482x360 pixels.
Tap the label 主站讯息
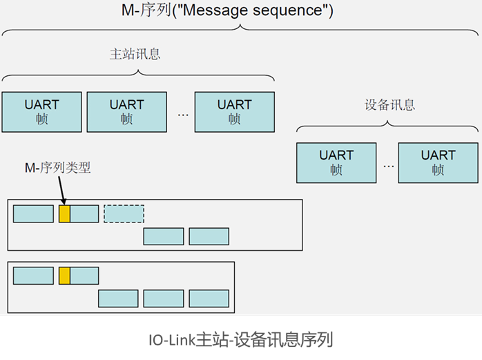[x=135, y=54]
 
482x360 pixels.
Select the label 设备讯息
[x=390, y=105]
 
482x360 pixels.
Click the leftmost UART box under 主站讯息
[x=41, y=111]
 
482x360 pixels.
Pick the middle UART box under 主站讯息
[x=126, y=111]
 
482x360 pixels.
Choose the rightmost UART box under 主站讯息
[x=234, y=111]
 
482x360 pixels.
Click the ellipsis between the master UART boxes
[x=183, y=113]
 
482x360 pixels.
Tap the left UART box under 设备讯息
[x=336, y=162]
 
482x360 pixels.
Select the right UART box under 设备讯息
[x=438, y=162]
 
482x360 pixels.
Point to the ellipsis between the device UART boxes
[x=389, y=165]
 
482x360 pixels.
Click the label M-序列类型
[x=57, y=168]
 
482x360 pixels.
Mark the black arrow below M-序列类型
[x=61, y=189]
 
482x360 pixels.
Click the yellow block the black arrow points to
[x=64, y=214]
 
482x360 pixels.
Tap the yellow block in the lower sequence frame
[x=64, y=276]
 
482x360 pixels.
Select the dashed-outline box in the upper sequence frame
[x=124, y=214]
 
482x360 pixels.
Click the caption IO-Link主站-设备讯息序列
[x=240, y=340]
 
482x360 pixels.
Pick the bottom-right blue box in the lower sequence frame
[x=209, y=299]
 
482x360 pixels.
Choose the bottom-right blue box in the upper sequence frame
[x=209, y=236]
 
